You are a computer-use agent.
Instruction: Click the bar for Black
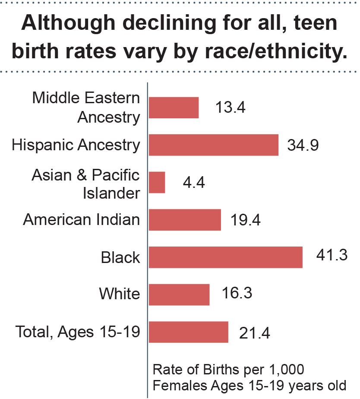pyautogui.click(x=225, y=257)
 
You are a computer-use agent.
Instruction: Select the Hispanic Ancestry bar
pyautogui.click(x=214, y=145)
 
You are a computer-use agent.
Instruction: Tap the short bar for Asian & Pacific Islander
pyautogui.click(x=157, y=182)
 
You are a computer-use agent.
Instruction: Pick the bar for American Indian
pyautogui.click(x=185, y=220)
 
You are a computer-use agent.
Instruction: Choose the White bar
pyautogui.click(x=179, y=294)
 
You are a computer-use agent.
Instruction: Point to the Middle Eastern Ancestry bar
pyautogui.click(x=174, y=108)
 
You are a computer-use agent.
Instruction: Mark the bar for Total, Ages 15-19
pyautogui.click(x=188, y=332)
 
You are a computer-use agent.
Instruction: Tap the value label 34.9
pyautogui.click(x=303, y=145)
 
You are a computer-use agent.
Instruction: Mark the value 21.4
pyautogui.click(x=255, y=333)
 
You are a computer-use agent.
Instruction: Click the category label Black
pyautogui.click(x=120, y=258)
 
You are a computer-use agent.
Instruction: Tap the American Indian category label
pyautogui.click(x=82, y=220)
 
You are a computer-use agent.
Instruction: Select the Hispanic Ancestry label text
pyautogui.click(x=76, y=145)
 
